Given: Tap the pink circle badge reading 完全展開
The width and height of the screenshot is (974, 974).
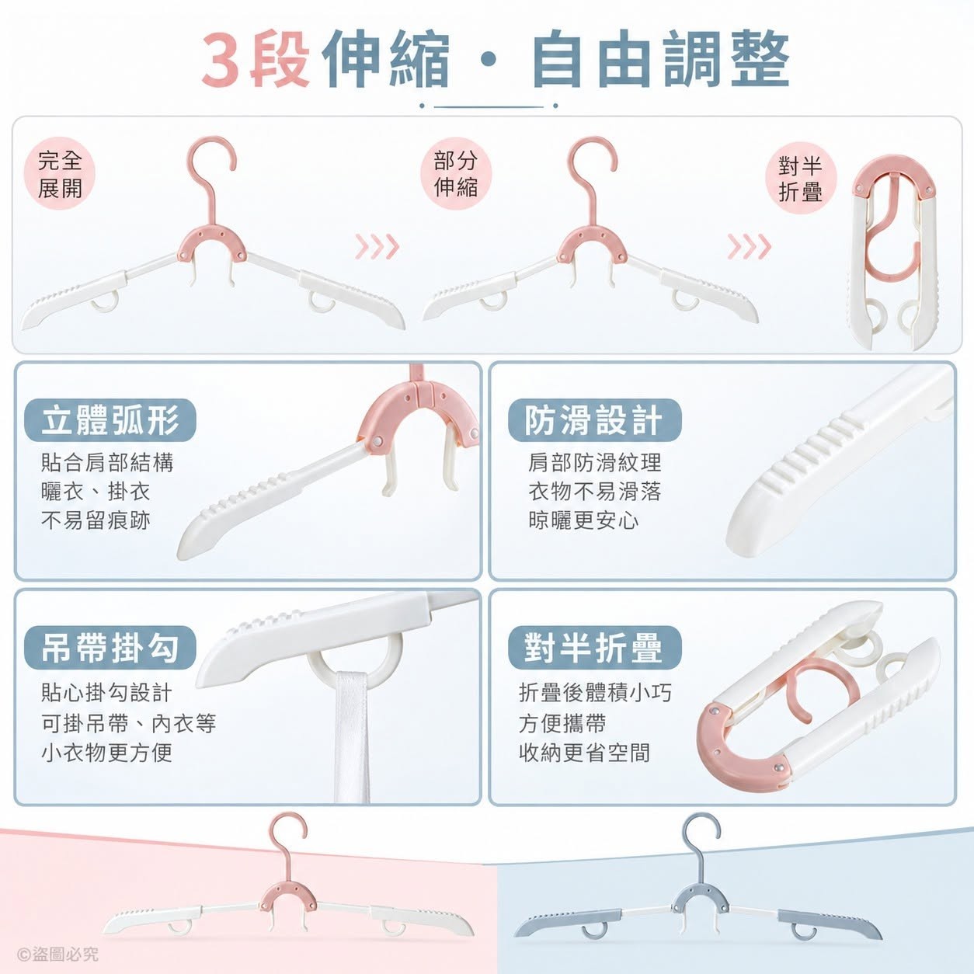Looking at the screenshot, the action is point(60,174).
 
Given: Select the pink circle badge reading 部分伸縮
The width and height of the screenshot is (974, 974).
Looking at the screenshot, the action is point(456,174).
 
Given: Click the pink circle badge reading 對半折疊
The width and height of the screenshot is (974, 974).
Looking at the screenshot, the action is point(800,179).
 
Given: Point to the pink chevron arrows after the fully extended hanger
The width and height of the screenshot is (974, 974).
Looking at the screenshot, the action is point(377,247).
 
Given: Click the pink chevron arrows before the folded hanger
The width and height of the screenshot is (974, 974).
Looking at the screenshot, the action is point(749,247).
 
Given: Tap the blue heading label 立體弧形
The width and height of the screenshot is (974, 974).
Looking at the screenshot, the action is point(110,420).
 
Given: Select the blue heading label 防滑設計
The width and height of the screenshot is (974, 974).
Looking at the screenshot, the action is point(594,420).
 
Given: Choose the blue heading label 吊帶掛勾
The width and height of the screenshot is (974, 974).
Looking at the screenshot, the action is point(110,648).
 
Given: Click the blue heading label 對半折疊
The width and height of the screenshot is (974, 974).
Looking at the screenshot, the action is point(594,648).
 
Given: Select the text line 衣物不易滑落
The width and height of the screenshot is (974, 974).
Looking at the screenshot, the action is point(594,492).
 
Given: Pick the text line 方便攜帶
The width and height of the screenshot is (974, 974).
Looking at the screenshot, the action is point(562,723).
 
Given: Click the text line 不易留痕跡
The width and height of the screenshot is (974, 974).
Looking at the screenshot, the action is point(96,520).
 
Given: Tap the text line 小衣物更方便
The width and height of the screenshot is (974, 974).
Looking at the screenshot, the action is point(106,753).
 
